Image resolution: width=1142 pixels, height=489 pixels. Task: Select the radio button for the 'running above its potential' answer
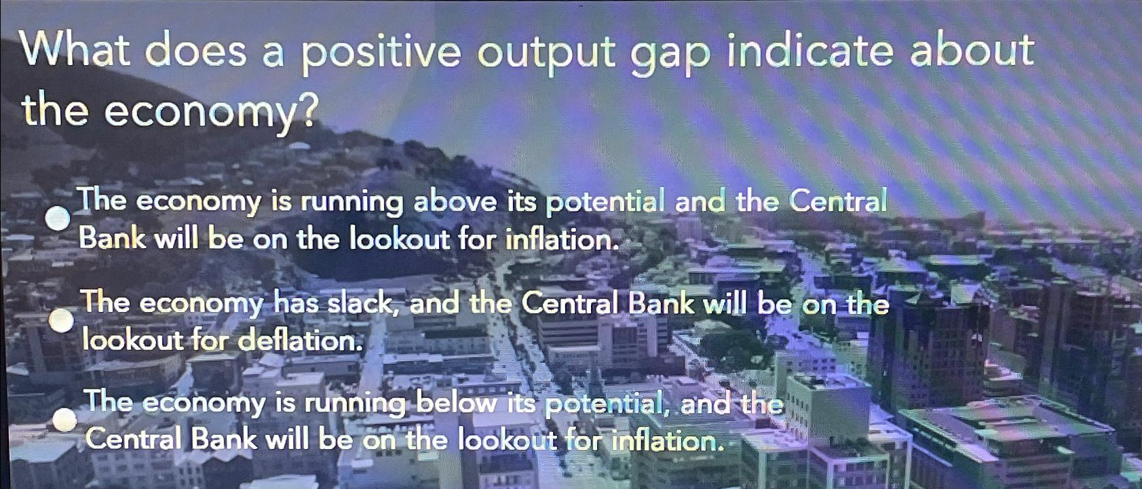pos(59,218)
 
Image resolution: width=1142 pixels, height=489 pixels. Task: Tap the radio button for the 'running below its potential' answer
pos(65,420)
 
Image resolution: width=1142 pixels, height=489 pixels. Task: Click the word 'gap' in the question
pos(668,54)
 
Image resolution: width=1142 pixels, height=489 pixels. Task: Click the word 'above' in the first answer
pos(461,202)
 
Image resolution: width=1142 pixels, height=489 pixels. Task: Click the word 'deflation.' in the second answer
pos(298,340)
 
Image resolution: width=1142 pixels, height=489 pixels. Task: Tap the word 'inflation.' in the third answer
pos(664,442)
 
